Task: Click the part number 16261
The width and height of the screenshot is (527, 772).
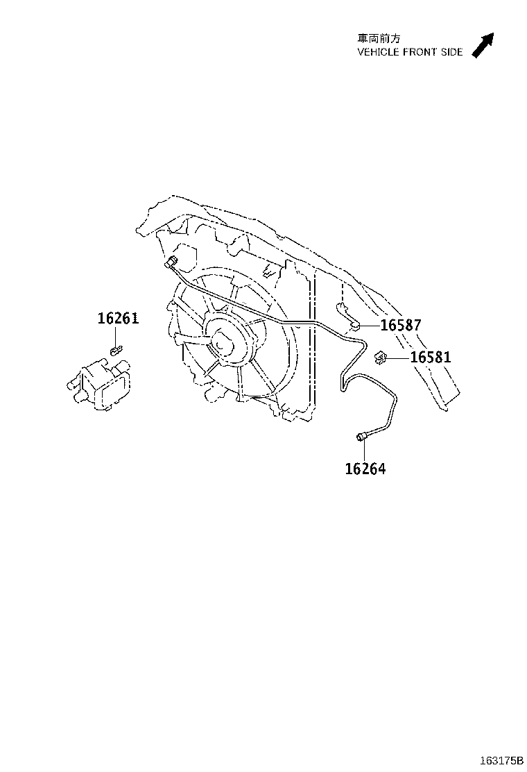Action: pos(118,319)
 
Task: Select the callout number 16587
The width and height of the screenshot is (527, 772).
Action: pos(401,325)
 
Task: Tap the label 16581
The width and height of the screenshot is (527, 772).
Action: pos(430,357)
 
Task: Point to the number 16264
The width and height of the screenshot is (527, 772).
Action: pos(365,469)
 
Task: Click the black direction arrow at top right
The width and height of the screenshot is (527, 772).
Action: pos(482,45)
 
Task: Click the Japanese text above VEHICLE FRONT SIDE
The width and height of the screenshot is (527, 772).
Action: pos(379,38)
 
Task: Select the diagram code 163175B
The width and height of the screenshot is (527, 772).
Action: pos(501,761)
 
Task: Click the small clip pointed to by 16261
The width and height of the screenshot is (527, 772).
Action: pos(116,350)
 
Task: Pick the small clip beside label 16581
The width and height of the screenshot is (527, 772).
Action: pos(380,358)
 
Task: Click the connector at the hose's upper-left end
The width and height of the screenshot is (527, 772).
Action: pos(172,263)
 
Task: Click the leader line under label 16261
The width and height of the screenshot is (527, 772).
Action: pos(118,336)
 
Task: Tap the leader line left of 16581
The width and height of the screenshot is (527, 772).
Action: pos(398,358)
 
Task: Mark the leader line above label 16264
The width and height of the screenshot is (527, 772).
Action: pos(365,451)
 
